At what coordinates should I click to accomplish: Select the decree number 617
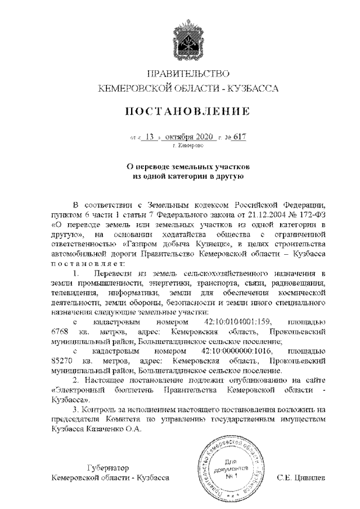[x=240, y=137]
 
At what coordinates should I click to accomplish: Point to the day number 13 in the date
[x=149, y=137]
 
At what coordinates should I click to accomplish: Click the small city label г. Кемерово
[x=185, y=146]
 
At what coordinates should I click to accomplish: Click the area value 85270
[x=62, y=362]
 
